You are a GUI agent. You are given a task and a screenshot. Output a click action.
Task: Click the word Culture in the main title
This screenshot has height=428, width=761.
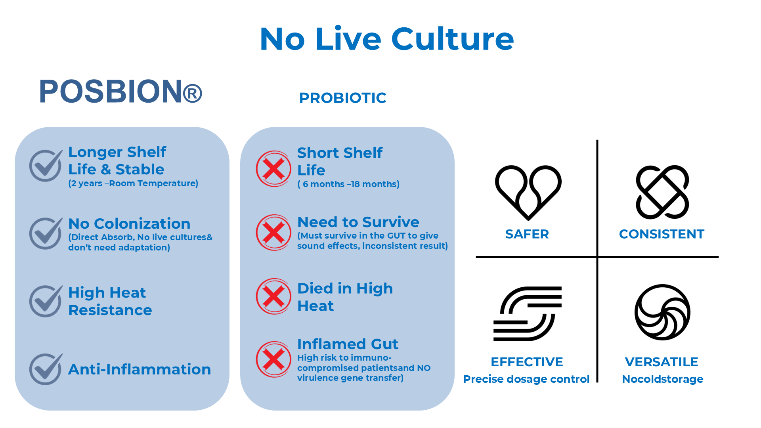click(x=453, y=39)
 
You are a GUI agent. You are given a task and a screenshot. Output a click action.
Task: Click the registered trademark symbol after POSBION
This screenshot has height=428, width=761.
click(x=193, y=94)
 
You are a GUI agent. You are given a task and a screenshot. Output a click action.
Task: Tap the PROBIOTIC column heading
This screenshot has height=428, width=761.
click(x=343, y=98)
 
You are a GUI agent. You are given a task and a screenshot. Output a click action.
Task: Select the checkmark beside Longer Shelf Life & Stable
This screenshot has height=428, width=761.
click(x=46, y=165)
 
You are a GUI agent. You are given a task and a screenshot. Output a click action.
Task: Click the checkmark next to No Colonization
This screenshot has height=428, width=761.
click(x=46, y=233)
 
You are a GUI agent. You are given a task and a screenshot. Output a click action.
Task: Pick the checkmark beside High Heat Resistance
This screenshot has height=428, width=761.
click(x=46, y=301)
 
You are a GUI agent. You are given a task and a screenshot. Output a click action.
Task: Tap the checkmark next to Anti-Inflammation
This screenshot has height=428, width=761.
click(x=46, y=369)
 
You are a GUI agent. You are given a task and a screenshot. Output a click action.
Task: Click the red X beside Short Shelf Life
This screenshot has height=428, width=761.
click(x=274, y=169)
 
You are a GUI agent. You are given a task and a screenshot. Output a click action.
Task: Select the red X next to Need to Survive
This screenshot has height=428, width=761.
click(x=274, y=233)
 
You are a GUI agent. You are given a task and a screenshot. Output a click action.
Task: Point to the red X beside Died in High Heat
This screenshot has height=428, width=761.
click(x=274, y=296)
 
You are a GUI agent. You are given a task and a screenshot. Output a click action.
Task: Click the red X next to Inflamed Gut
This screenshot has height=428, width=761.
click(x=274, y=359)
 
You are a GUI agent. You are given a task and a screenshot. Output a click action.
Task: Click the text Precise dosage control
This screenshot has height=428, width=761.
click(x=526, y=379)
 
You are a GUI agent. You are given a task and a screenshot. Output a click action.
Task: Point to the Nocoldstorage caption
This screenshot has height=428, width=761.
click(x=663, y=379)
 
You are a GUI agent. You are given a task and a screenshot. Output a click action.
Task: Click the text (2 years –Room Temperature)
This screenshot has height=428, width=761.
click(x=133, y=183)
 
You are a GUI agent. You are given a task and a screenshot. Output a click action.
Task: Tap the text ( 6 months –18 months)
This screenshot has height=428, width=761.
click(x=348, y=184)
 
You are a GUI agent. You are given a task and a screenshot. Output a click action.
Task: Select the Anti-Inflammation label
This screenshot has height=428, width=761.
click(x=140, y=369)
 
